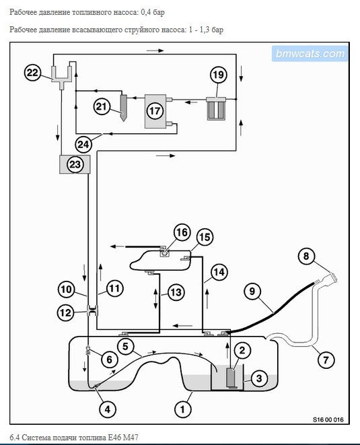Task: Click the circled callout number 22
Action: tap(32, 73)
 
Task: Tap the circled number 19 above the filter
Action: tap(219, 75)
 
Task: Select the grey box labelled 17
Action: tap(155, 111)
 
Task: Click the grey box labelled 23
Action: tap(75, 164)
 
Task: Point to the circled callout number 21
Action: tap(102, 107)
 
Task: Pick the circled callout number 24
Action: tap(83, 145)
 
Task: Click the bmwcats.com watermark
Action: tap(310, 53)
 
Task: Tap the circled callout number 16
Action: tap(182, 232)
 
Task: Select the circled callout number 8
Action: tap(306, 256)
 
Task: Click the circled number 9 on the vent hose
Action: tap(252, 292)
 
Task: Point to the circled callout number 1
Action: tap(182, 409)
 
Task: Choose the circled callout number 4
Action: tap(108, 409)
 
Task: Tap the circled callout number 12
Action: tap(65, 312)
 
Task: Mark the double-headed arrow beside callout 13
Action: tap(155, 298)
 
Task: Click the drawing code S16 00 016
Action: tap(328, 419)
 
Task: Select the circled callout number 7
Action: tap(326, 360)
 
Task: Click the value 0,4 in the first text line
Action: tap(145, 13)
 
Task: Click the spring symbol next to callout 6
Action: tap(88, 351)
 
